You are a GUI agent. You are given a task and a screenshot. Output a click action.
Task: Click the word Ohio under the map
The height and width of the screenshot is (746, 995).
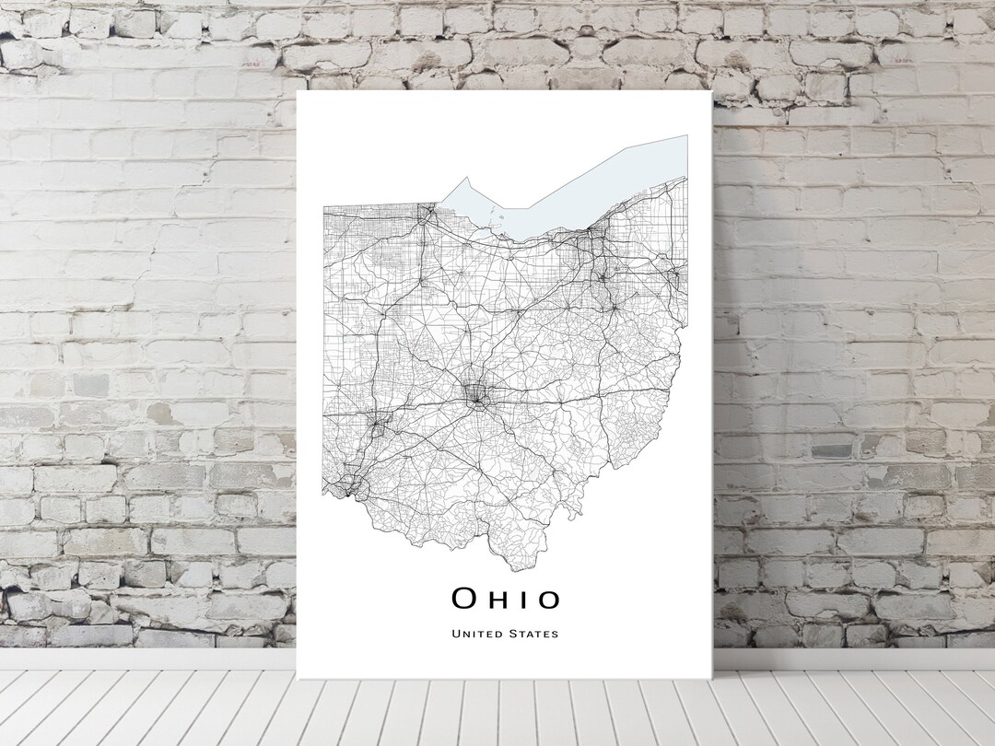point(505,600)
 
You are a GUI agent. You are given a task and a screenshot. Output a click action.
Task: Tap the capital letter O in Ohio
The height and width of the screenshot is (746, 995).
point(463,600)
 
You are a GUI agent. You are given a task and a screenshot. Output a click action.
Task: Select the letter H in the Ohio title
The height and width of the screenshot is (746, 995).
point(503,600)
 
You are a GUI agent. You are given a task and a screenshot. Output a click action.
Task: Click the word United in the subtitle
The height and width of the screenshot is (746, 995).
point(476,634)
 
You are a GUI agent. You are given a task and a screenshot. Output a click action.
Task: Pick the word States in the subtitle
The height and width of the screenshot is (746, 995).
point(533,634)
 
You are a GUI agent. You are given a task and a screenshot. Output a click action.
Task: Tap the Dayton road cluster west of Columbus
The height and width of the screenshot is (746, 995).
point(378,425)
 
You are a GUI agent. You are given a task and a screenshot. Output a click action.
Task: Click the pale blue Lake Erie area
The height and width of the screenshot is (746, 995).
point(590,189)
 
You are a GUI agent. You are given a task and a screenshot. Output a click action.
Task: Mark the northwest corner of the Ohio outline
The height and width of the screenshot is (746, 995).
point(323,206)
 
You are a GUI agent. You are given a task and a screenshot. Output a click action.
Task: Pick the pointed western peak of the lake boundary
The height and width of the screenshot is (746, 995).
point(466,177)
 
